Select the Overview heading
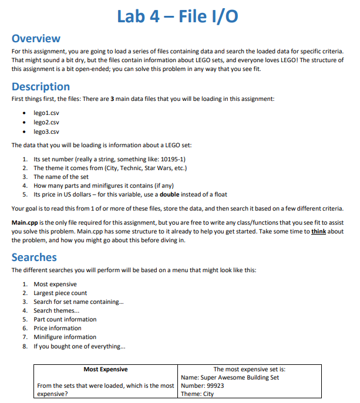pos(36,39)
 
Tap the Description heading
pos(41,87)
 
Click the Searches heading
pos(34,257)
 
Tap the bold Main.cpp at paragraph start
pos(25,222)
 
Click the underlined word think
pos(319,231)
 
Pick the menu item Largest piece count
pos(60,293)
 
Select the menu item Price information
pos(57,328)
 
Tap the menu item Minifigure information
pos(65,337)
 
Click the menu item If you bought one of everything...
pos(70,346)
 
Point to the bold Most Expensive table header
pos(106,369)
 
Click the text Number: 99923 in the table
pos(203,385)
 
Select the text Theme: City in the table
pos(198,394)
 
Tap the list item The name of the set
pos(60,177)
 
